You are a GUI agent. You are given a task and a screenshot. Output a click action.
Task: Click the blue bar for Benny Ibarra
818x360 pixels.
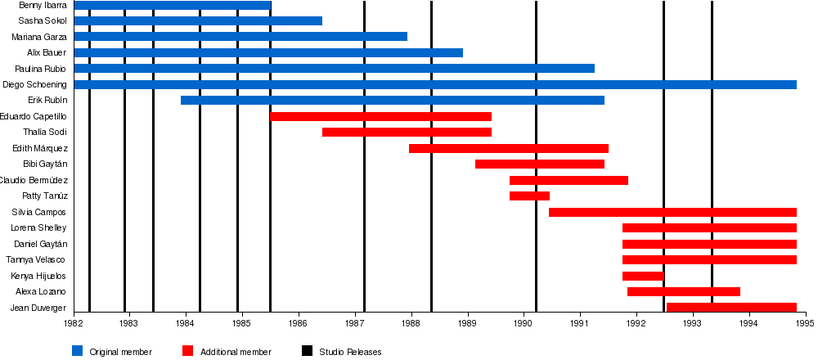pos(172,6)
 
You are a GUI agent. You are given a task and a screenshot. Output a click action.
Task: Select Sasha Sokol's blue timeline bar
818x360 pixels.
pos(197,21)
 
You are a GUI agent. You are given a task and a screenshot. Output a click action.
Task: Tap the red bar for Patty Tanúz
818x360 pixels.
pos(529,196)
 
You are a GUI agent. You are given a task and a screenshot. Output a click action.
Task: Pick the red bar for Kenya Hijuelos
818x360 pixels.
pos(643,277)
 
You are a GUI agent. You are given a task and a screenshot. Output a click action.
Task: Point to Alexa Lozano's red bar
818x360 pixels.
pos(684,292)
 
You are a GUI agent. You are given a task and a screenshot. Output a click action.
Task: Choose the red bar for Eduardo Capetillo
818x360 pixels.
pos(380,117)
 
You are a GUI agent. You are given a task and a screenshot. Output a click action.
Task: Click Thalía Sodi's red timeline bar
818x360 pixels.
pos(407,133)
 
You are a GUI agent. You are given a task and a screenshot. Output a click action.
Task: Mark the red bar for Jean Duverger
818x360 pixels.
pos(731,308)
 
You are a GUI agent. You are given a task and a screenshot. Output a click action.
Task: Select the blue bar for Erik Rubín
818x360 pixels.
pos(393,101)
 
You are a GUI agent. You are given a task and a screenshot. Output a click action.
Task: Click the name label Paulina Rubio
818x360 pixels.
pos(40,69)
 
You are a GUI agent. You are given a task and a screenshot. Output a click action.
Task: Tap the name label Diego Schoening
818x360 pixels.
pos(34,84)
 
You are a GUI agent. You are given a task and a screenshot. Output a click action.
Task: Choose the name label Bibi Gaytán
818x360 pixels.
pos(45,164)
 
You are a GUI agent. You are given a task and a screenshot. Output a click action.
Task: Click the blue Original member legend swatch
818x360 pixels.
pos(78,352)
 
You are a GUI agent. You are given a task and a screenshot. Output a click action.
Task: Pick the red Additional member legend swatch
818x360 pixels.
pos(187,352)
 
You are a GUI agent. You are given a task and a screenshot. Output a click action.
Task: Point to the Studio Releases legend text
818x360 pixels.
pos(350,353)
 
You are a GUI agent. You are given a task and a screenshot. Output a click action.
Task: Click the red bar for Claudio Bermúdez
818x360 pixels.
pos(569,181)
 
